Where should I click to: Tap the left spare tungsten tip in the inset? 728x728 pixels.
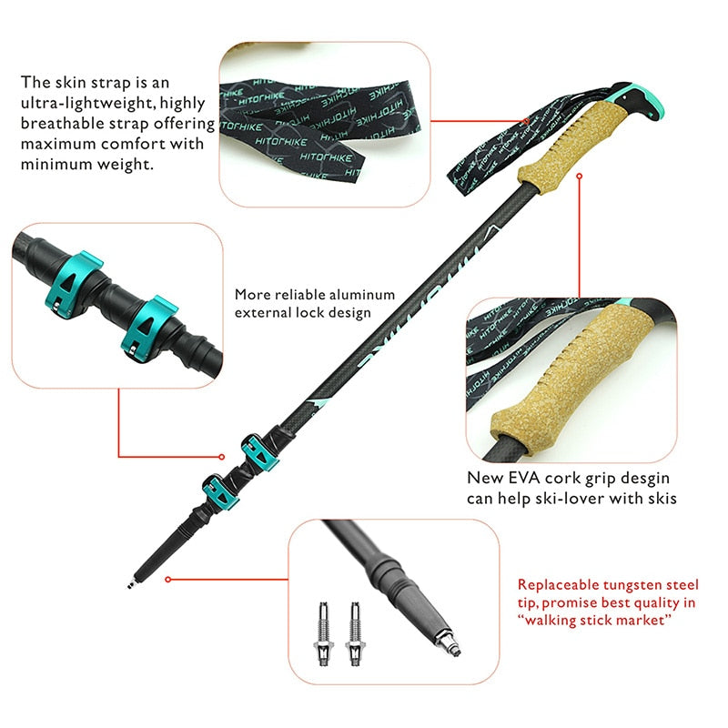[323, 629]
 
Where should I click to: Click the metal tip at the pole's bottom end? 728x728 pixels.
[136, 577]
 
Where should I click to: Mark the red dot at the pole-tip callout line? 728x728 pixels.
[169, 577]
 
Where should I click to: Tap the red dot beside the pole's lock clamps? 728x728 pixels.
[221, 457]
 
